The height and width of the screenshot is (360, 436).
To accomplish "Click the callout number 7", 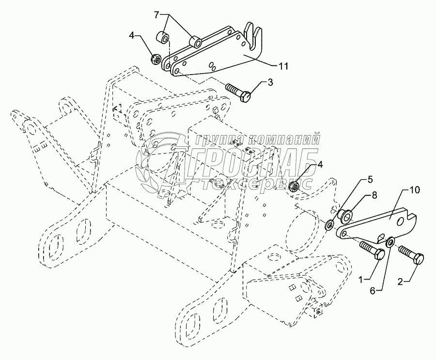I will [x=156, y=15].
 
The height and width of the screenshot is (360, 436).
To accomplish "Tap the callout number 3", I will [x=270, y=82].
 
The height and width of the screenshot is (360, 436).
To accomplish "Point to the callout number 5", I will [x=370, y=180].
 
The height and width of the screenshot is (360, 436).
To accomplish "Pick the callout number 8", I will [x=374, y=195].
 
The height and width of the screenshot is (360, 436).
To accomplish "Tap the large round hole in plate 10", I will [x=400, y=221].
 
